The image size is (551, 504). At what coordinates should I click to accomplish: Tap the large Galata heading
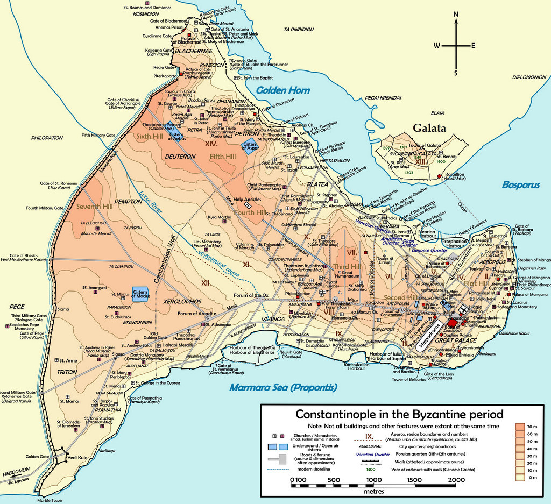tap(430, 129)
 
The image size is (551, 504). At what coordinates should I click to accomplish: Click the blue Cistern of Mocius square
tap(139, 294)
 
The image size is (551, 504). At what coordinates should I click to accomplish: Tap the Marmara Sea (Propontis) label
tap(284, 387)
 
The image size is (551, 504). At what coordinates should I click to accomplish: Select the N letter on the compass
tap(456, 15)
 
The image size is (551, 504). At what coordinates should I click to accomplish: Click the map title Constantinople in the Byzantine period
tap(400, 415)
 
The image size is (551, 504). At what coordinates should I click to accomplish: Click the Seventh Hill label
tap(93, 207)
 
